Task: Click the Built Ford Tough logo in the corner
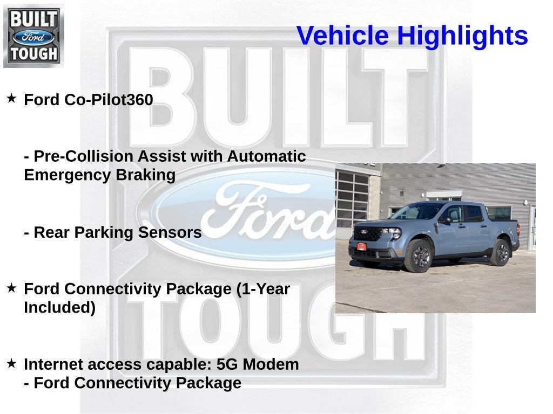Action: point(33,36)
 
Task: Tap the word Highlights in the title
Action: point(462,36)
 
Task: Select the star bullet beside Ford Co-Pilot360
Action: point(11,99)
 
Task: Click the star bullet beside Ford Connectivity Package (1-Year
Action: point(11,288)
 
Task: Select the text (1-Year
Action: point(263,289)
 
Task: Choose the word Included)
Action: point(59,308)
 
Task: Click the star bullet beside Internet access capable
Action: point(11,364)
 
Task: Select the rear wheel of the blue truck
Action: point(500,252)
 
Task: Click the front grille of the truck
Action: point(368,234)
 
